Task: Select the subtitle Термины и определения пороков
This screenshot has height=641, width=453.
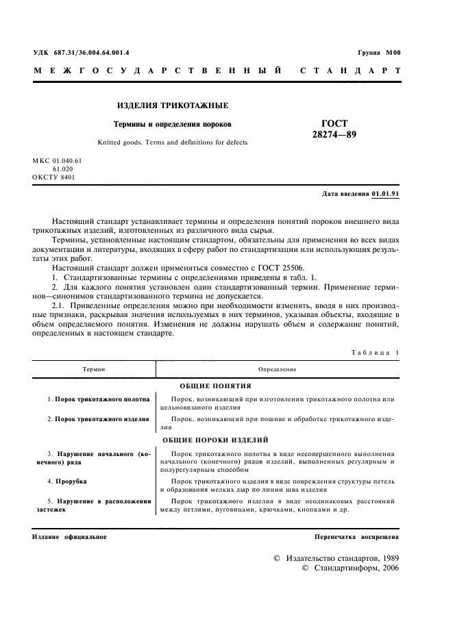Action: point(173,125)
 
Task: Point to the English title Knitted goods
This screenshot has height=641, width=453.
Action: point(173,142)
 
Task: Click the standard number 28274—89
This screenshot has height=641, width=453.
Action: point(334,135)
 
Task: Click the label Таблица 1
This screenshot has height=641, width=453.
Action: point(375,353)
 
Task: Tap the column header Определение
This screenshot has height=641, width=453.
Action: point(278,369)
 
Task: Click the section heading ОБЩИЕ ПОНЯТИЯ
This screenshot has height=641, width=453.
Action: point(215,386)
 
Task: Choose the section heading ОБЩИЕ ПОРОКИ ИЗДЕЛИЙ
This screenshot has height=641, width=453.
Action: point(215,440)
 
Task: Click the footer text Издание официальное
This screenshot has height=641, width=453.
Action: point(69,536)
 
